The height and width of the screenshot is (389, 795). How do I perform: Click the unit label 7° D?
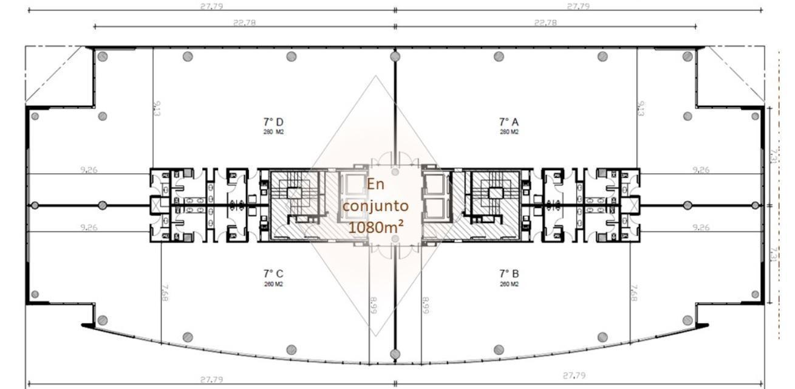tap(273, 122)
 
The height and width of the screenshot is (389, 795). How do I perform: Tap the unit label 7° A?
tap(509, 122)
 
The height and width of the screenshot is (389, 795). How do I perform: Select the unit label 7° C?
tap(273, 274)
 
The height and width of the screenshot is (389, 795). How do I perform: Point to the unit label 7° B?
tap(509, 274)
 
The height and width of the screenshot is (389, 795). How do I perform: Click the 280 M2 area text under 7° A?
tap(509, 132)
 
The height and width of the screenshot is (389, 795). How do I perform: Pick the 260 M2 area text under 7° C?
tap(273, 284)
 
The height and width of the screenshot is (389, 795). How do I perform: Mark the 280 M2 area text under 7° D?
tap(273, 132)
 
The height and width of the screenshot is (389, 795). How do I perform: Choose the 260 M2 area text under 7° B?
tap(509, 284)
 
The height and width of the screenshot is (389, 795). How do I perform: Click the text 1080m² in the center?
tap(376, 227)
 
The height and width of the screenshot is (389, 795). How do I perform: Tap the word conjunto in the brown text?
tap(375, 206)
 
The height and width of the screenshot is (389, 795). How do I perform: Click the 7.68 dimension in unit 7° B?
tap(634, 292)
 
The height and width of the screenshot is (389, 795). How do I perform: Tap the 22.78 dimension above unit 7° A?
tap(545, 23)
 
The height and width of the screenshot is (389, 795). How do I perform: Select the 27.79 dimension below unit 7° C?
tap(211, 379)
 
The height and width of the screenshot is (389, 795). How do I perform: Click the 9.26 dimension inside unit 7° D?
tap(89, 170)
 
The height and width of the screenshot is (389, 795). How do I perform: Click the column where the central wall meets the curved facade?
tap(395, 354)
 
